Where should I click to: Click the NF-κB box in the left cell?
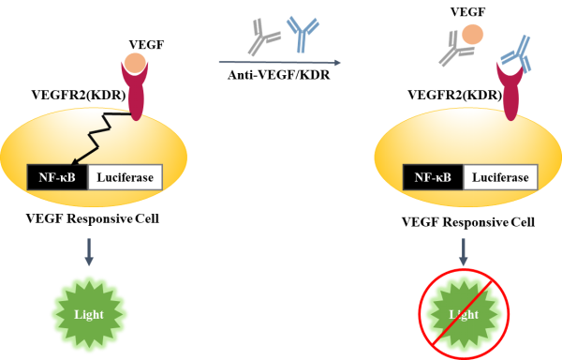tap(57, 177)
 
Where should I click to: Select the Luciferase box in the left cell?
tap(126, 177)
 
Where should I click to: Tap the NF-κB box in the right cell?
tap(433, 177)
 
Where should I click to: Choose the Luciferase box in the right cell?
tap(500, 177)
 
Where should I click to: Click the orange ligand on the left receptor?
tap(136, 66)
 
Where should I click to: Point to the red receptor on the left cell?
tap(136, 98)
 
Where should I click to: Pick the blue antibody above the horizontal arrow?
tap(302, 35)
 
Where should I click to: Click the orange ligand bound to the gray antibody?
tap(473, 35)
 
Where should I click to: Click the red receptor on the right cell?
tap(511, 98)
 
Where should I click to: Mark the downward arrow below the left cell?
tap(89, 250)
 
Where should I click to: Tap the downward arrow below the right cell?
tap(464, 250)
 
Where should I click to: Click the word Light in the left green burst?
tap(89, 315)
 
